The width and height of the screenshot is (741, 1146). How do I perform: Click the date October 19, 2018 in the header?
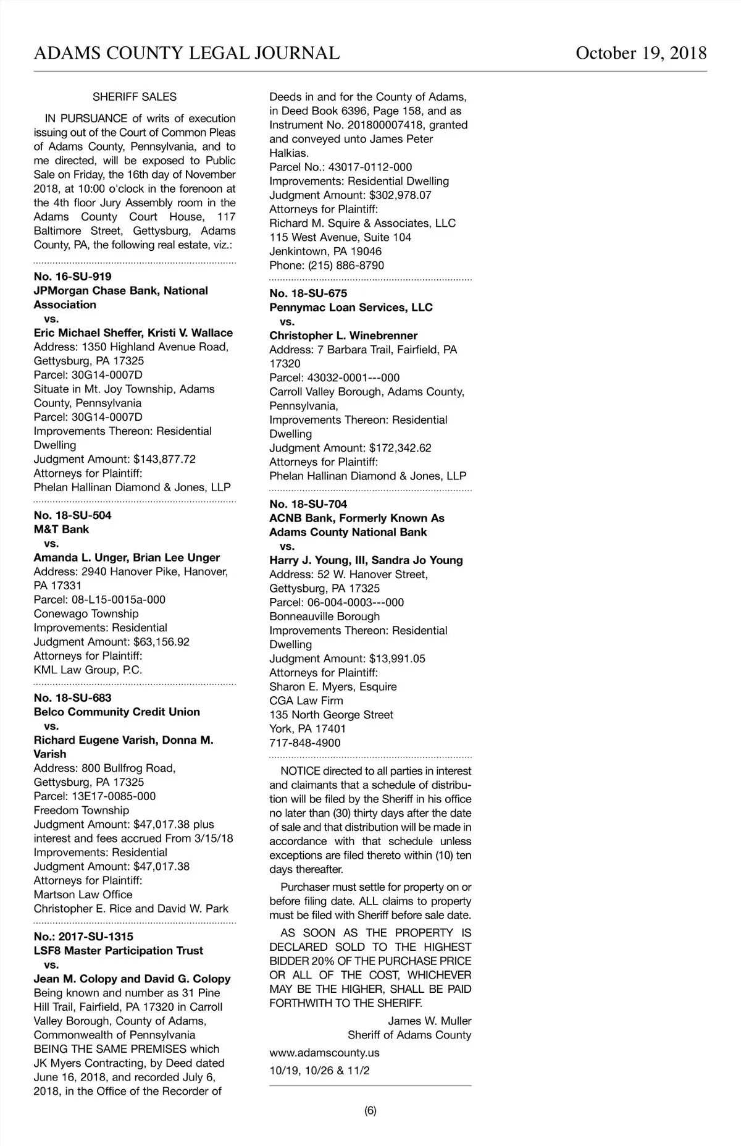[x=641, y=53]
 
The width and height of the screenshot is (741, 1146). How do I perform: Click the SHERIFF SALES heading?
[x=135, y=97]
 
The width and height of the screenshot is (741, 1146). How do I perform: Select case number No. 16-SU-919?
[x=73, y=277]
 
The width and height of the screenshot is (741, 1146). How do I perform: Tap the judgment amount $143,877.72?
[x=164, y=459]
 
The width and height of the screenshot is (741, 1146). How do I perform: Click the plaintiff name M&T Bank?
[x=61, y=529]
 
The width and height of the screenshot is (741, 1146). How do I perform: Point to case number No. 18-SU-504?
[x=73, y=515]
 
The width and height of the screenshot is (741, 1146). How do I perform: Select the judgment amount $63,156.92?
[x=161, y=642]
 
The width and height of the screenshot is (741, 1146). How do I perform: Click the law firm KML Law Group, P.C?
[x=88, y=670]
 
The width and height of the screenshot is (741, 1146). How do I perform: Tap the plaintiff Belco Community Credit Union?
[x=117, y=712]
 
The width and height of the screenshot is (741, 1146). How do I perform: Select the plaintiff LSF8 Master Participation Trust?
[x=118, y=951]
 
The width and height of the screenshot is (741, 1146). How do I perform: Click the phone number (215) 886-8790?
[x=346, y=266]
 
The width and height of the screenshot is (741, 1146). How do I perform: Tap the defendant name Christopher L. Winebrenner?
[x=343, y=335]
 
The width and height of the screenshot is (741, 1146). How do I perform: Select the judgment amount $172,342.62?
[x=400, y=448]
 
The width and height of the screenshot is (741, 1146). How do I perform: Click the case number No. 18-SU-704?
[x=308, y=504]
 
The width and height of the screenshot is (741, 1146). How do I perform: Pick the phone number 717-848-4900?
[x=305, y=743]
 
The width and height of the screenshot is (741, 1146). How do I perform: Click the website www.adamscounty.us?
[x=324, y=1053]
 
